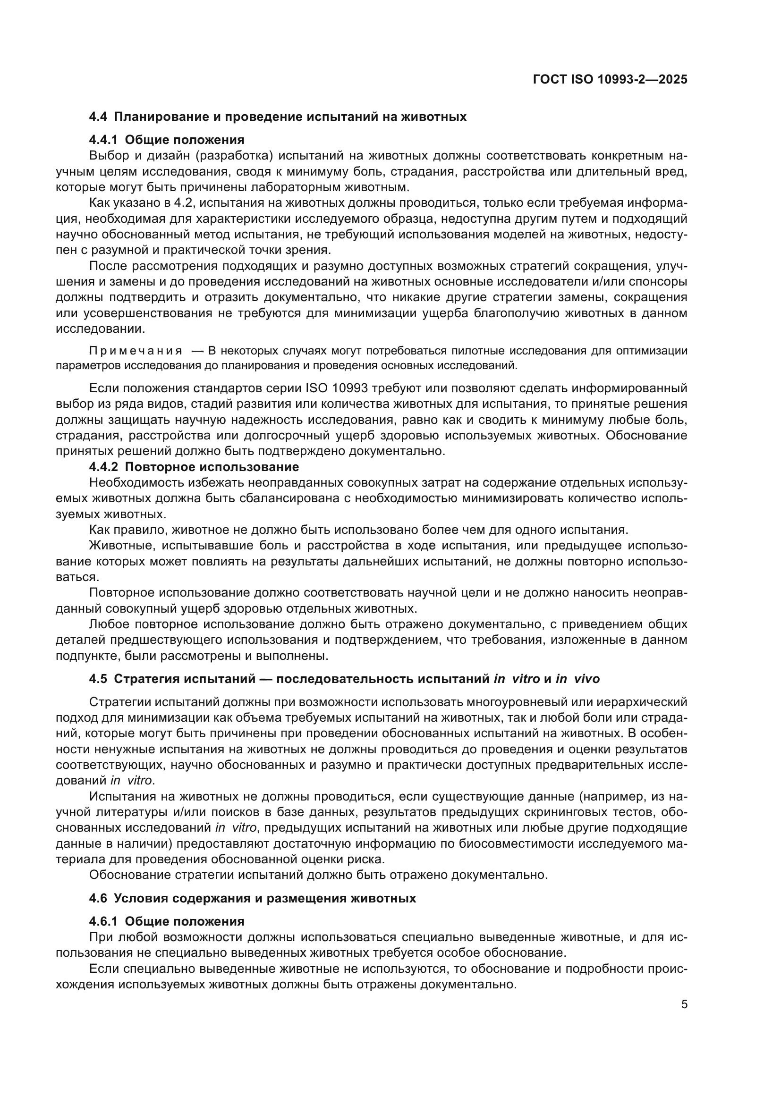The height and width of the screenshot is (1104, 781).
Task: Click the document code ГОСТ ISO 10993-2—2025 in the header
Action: (610, 80)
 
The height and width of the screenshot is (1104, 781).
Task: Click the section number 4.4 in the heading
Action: (98, 117)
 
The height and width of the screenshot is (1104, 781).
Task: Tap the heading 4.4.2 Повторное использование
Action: (194, 467)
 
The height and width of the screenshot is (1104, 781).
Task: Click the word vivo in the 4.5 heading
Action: (584, 679)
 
